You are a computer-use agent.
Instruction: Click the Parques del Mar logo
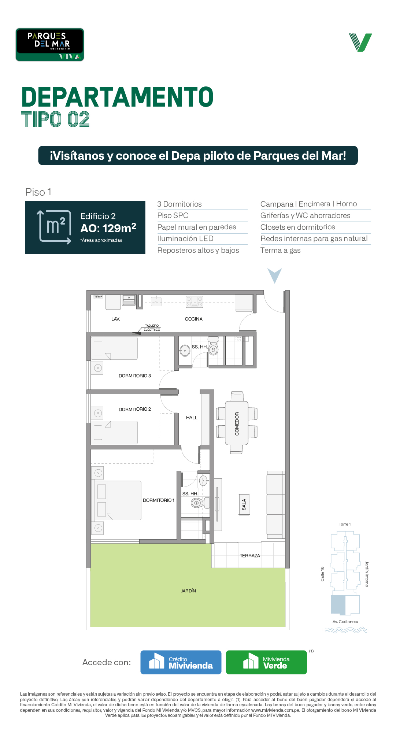[x=50, y=45]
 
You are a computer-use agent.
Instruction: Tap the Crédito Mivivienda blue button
[x=181, y=662]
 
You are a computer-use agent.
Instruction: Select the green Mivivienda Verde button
[x=266, y=662]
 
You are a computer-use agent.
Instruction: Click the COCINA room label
[x=194, y=319]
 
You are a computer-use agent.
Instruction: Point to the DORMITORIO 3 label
[x=135, y=376]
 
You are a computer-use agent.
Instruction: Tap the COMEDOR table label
[x=237, y=424]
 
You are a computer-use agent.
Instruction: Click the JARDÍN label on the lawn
[x=189, y=591]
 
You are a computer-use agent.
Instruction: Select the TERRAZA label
[x=250, y=556]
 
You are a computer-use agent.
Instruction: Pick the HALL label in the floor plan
[x=192, y=418]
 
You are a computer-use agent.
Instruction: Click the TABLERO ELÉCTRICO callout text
[x=152, y=328]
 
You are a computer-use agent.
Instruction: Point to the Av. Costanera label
[x=345, y=622]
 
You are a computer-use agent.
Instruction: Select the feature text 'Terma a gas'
[x=280, y=251]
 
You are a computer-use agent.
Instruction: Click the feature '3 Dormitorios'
[x=180, y=204]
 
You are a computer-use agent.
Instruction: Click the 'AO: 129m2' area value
[x=108, y=228]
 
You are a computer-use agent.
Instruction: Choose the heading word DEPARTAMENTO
[x=118, y=97]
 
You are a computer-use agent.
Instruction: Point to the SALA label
[x=244, y=505]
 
